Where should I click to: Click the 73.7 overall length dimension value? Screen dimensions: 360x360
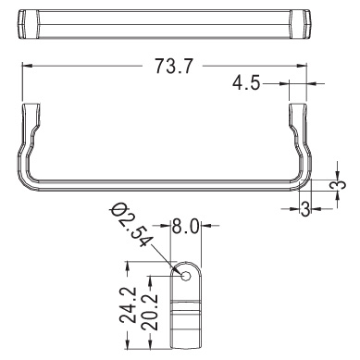[174, 67]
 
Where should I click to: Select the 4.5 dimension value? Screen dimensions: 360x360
[246, 83]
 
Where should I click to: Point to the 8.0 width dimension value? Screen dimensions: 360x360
[185, 227]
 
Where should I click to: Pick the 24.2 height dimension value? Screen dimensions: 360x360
[129, 304]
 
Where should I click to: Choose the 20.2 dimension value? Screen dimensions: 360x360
[150, 312]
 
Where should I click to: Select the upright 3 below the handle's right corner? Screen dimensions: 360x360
[304, 209]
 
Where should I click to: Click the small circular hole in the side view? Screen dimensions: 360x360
[186, 276]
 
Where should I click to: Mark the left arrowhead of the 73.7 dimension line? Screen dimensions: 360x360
[27, 66]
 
